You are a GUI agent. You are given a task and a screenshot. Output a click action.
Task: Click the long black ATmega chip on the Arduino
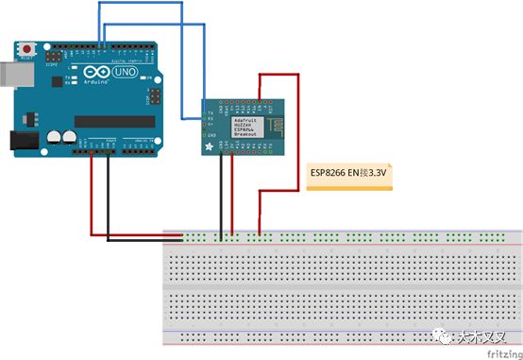(x=114, y=120)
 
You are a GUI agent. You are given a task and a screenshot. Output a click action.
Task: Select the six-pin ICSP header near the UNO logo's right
(x=152, y=97)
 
